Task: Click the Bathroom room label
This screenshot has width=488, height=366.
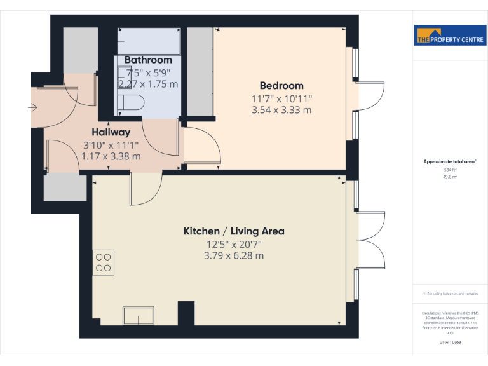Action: [148, 60]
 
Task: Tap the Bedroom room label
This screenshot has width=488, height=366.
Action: [281, 86]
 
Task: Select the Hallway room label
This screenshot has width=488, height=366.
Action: [111, 133]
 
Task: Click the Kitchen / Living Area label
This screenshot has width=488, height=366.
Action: [234, 231]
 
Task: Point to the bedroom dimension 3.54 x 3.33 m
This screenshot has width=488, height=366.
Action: [281, 110]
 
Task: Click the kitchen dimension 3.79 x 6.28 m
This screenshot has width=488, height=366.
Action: [234, 256]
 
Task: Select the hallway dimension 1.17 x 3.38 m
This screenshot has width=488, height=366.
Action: [111, 156]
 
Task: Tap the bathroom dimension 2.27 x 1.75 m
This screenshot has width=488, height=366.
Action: [148, 84]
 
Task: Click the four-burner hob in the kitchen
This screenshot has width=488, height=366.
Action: [104, 262]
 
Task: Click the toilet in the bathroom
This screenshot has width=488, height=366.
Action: [132, 103]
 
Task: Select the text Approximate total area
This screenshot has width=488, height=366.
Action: [449, 162]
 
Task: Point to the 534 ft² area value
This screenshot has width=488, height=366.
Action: [450, 170]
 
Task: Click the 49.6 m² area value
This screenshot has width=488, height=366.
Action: [450, 177]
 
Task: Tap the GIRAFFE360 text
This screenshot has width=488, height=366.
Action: [450, 342]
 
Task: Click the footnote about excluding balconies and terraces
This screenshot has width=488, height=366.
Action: [450, 294]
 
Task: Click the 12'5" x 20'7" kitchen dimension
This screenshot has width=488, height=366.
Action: [234, 245]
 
